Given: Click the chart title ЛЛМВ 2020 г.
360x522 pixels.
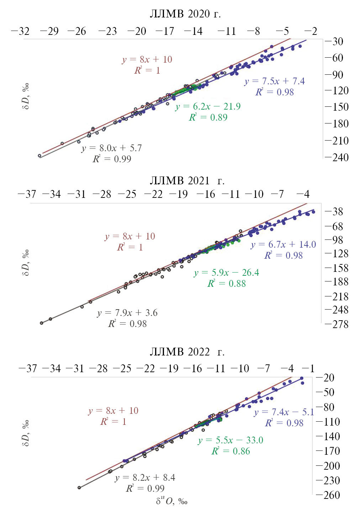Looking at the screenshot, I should pyautogui.click(x=185, y=14).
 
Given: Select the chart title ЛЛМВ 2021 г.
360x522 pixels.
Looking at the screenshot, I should pyautogui.click(x=187, y=181).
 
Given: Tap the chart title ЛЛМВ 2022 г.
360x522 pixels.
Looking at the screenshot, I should pyautogui.click(x=187, y=352).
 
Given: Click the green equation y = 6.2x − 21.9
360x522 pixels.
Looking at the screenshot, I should pyautogui.click(x=208, y=106).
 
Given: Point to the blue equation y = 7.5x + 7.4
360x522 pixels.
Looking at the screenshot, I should pyautogui.click(x=274, y=81).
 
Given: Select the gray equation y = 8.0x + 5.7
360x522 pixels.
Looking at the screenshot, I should pyautogui.click(x=112, y=148).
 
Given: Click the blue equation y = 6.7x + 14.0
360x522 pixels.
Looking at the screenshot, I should pyautogui.click(x=283, y=244).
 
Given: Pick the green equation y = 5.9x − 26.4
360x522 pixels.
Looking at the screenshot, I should pyautogui.click(x=227, y=273).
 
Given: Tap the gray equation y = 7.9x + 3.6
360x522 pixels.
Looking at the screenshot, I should pyautogui.click(x=127, y=313).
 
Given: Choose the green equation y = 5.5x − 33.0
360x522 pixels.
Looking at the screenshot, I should pyautogui.click(x=231, y=440).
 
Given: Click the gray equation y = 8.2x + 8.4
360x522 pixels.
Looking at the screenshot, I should pyautogui.click(x=145, y=478).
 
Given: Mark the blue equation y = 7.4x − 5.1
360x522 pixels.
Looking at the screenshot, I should pyautogui.click(x=284, y=412).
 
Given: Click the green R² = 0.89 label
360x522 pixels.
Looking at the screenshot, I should pyautogui.click(x=208, y=117).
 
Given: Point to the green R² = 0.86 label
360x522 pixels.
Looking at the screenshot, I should pyautogui.click(x=231, y=451).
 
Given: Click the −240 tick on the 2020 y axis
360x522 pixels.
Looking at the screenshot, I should pyautogui.click(x=337, y=157).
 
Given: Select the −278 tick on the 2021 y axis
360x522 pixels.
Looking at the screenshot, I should pyautogui.click(x=337, y=324).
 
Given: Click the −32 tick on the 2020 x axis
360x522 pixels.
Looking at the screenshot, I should pyautogui.click(x=20, y=31).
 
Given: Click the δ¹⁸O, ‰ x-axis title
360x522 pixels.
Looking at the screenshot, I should pyautogui.click(x=171, y=501).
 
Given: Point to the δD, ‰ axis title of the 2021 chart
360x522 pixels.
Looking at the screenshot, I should pyautogui.click(x=26, y=263).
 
